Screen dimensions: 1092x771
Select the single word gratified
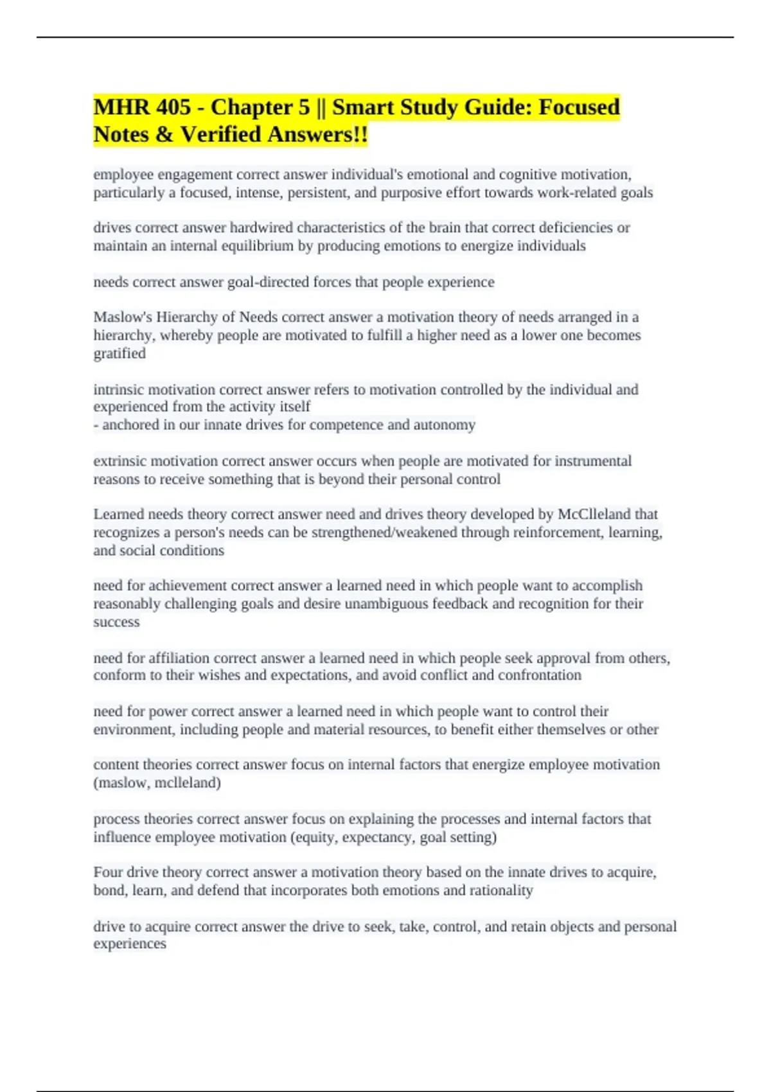(120, 353)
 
